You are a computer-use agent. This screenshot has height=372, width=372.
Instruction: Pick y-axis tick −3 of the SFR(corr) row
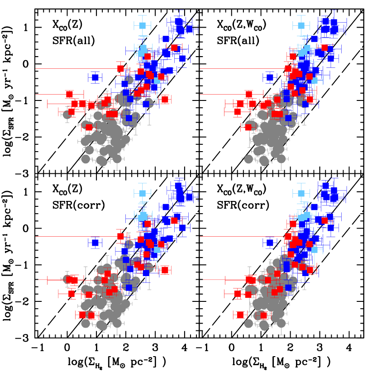tap(24, 339)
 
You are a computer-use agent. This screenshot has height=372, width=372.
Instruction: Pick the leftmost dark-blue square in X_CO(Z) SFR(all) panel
tap(95, 77)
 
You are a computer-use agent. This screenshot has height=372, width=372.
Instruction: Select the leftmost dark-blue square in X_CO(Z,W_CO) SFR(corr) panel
tap(270, 243)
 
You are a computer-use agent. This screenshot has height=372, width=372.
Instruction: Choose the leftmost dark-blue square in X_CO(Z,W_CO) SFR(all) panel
tap(270, 77)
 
